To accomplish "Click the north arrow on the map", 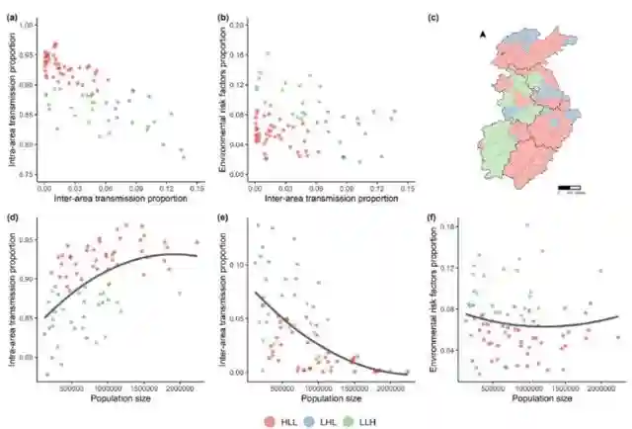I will (x=483, y=35).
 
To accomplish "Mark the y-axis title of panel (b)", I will (x=226, y=99).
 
